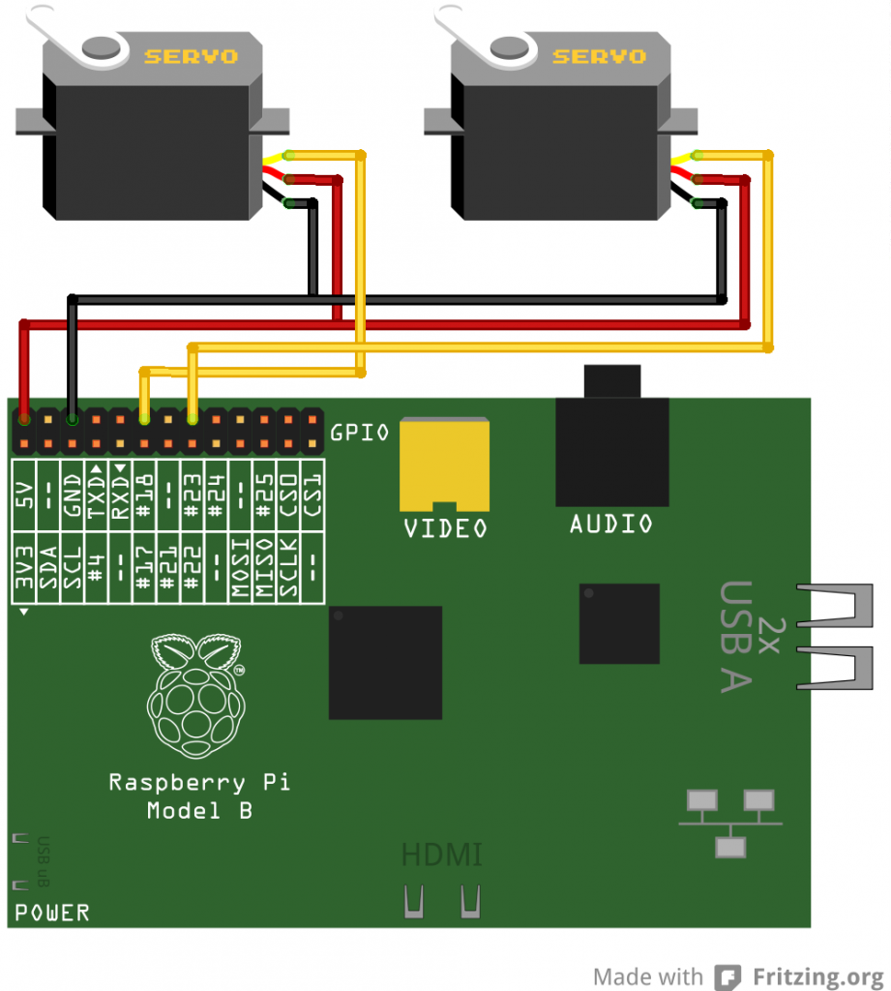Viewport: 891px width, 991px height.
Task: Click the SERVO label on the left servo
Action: click(x=191, y=55)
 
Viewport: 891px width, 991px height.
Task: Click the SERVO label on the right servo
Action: click(x=599, y=55)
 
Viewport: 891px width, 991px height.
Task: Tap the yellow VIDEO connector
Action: click(x=445, y=465)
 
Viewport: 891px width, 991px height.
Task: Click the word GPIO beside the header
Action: click(x=360, y=433)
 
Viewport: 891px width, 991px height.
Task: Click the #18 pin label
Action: click(x=143, y=496)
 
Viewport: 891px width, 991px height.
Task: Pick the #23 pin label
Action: click(x=191, y=496)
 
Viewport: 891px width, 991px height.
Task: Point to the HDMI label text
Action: click(x=441, y=856)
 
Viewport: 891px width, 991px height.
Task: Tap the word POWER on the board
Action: click(x=52, y=912)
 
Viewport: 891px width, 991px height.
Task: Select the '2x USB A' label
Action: click(x=749, y=637)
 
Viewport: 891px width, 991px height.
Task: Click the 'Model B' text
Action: click(x=199, y=811)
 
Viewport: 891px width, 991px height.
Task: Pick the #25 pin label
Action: click(x=263, y=496)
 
